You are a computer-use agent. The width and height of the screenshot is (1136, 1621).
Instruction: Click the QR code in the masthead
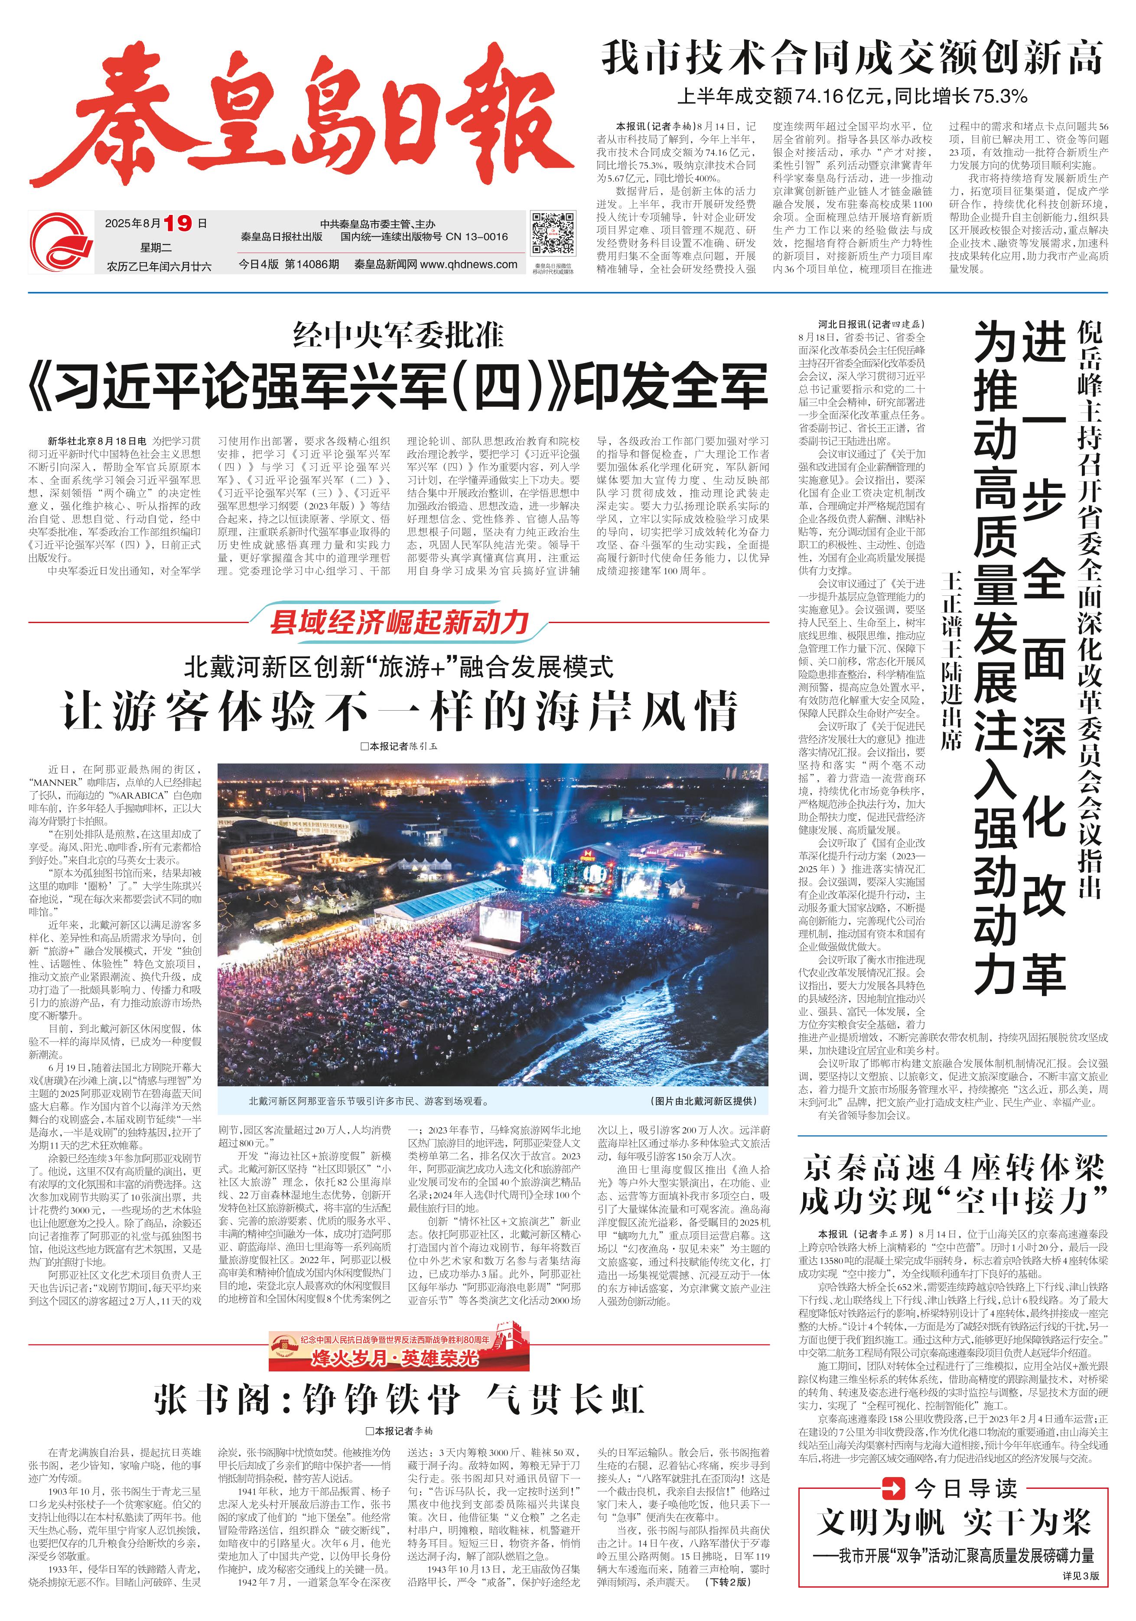pyautogui.click(x=553, y=232)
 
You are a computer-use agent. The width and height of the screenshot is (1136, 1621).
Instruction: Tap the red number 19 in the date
pyautogui.click(x=177, y=224)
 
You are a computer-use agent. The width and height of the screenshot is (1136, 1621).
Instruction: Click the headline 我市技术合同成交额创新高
pyautogui.click(x=852, y=58)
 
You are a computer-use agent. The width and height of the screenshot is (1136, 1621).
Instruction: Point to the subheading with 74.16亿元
pyautogui.click(x=852, y=95)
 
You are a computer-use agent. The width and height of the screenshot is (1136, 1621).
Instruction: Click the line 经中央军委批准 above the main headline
pyautogui.click(x=398, y=335)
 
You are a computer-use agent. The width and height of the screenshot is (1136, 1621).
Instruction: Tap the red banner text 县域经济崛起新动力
pyautogui.click(x=399, y=622)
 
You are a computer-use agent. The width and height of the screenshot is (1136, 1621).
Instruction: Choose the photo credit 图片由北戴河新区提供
pyautogui.click(x=703, y=1101)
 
